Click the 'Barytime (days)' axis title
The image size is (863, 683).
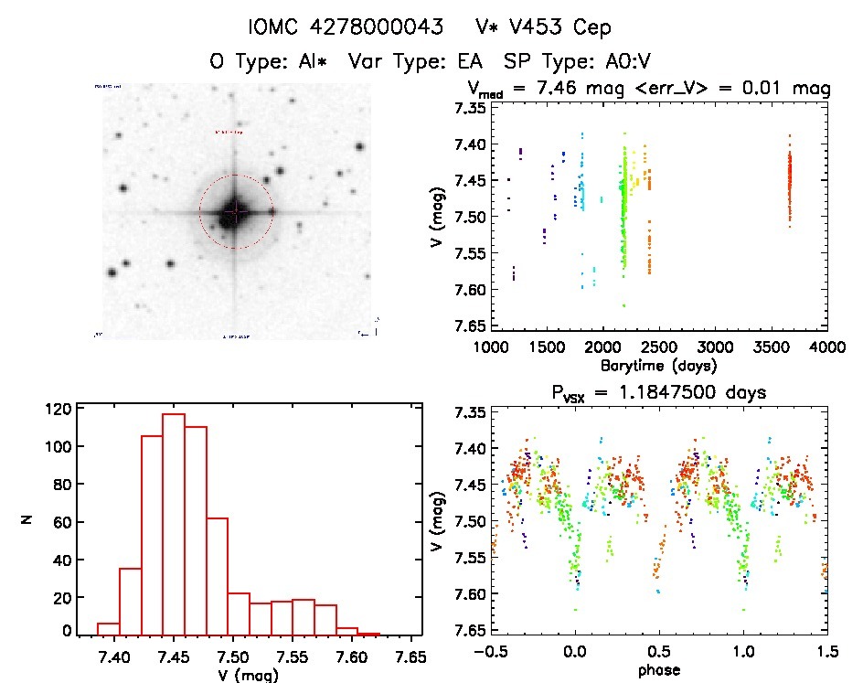coord(657,366)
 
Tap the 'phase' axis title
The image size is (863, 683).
coord(657,672)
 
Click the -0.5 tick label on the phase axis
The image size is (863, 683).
coord(492,653)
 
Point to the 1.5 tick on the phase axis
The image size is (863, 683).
coord(826,653)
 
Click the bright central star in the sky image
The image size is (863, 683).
coord(235,211)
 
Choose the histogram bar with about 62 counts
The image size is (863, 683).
coord(217,576)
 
